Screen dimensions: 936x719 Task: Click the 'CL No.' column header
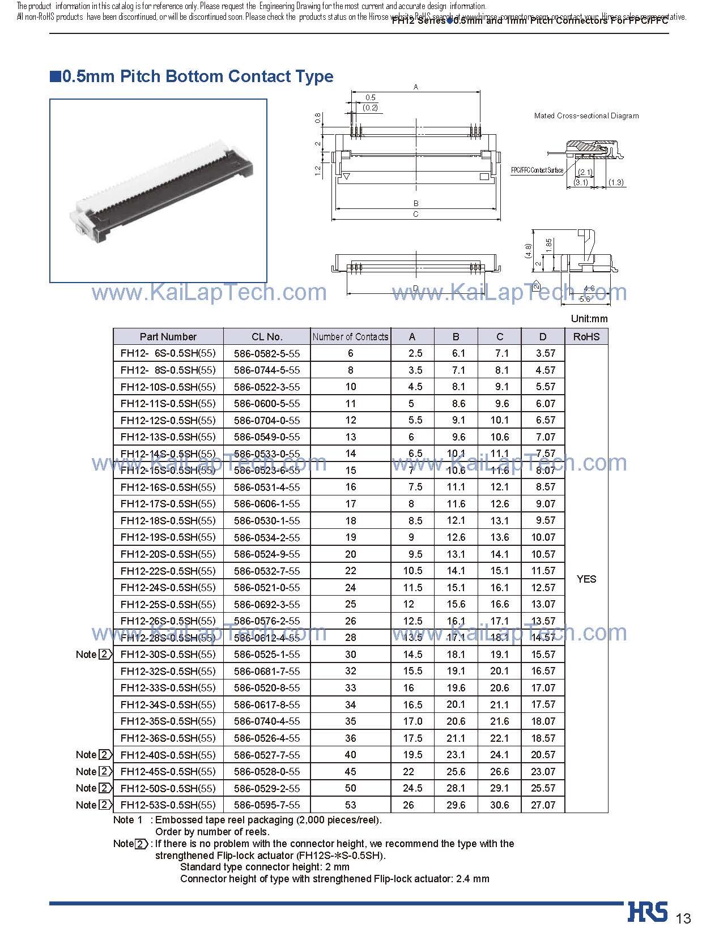[267, 336]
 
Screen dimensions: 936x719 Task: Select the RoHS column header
[586, 336]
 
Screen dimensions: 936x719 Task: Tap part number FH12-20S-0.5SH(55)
[168, 554]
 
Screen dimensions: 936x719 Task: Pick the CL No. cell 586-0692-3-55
[267, 604]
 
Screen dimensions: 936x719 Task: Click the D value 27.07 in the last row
[543, 805]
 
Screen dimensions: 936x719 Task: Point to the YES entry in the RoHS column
[586, 579]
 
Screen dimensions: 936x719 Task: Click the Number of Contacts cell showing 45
[350, 771]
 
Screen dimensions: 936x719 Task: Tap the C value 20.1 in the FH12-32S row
[499, 671]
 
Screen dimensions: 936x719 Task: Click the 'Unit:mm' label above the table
[589, 319]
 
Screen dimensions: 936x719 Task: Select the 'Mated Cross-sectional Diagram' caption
[586, 116]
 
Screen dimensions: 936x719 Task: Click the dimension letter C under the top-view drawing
[415, 215]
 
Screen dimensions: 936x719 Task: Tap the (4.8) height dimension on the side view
[528, 251]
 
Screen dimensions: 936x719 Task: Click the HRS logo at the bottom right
[648, 911]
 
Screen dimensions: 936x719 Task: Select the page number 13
[684, 918]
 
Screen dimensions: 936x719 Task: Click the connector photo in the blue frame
[158, 191]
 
